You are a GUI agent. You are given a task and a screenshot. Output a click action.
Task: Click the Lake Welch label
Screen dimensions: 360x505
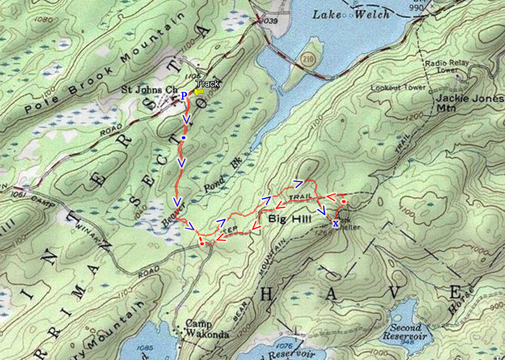coord(351,14)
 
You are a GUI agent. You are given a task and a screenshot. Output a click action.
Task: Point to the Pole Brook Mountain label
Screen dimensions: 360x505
coord(103,64)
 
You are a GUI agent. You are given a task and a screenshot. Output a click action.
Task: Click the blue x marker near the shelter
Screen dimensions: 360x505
coord(336,224)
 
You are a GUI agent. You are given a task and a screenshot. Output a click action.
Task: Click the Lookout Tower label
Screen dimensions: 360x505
coord(398,88)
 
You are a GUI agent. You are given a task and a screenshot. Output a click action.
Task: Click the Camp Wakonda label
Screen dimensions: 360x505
coord(207,328)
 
